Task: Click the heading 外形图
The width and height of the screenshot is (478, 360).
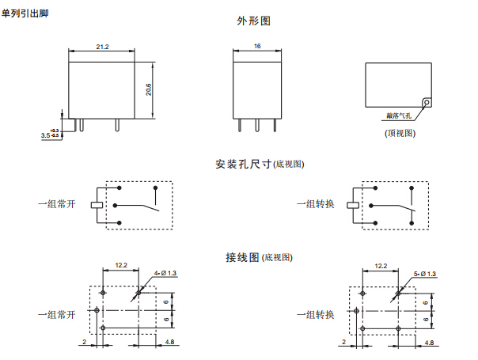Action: coord(253,21)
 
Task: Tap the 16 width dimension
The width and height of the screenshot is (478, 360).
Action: coord(257,47)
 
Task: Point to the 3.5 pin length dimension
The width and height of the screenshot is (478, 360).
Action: coord(45,136)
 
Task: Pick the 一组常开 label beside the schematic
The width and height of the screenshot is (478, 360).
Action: coord(55,204)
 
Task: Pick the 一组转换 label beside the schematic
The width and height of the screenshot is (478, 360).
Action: coord(316,204)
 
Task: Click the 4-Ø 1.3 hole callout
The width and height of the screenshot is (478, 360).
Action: coord(166,273)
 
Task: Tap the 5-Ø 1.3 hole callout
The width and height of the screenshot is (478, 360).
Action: coord(425,273)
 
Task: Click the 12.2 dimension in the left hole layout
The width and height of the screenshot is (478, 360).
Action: coord(121,266)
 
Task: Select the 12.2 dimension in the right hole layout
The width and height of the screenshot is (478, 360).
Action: coord(380,266)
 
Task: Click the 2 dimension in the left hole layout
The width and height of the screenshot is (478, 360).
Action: coord(83,343)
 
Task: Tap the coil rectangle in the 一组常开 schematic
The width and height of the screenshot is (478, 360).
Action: coord(96,204)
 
